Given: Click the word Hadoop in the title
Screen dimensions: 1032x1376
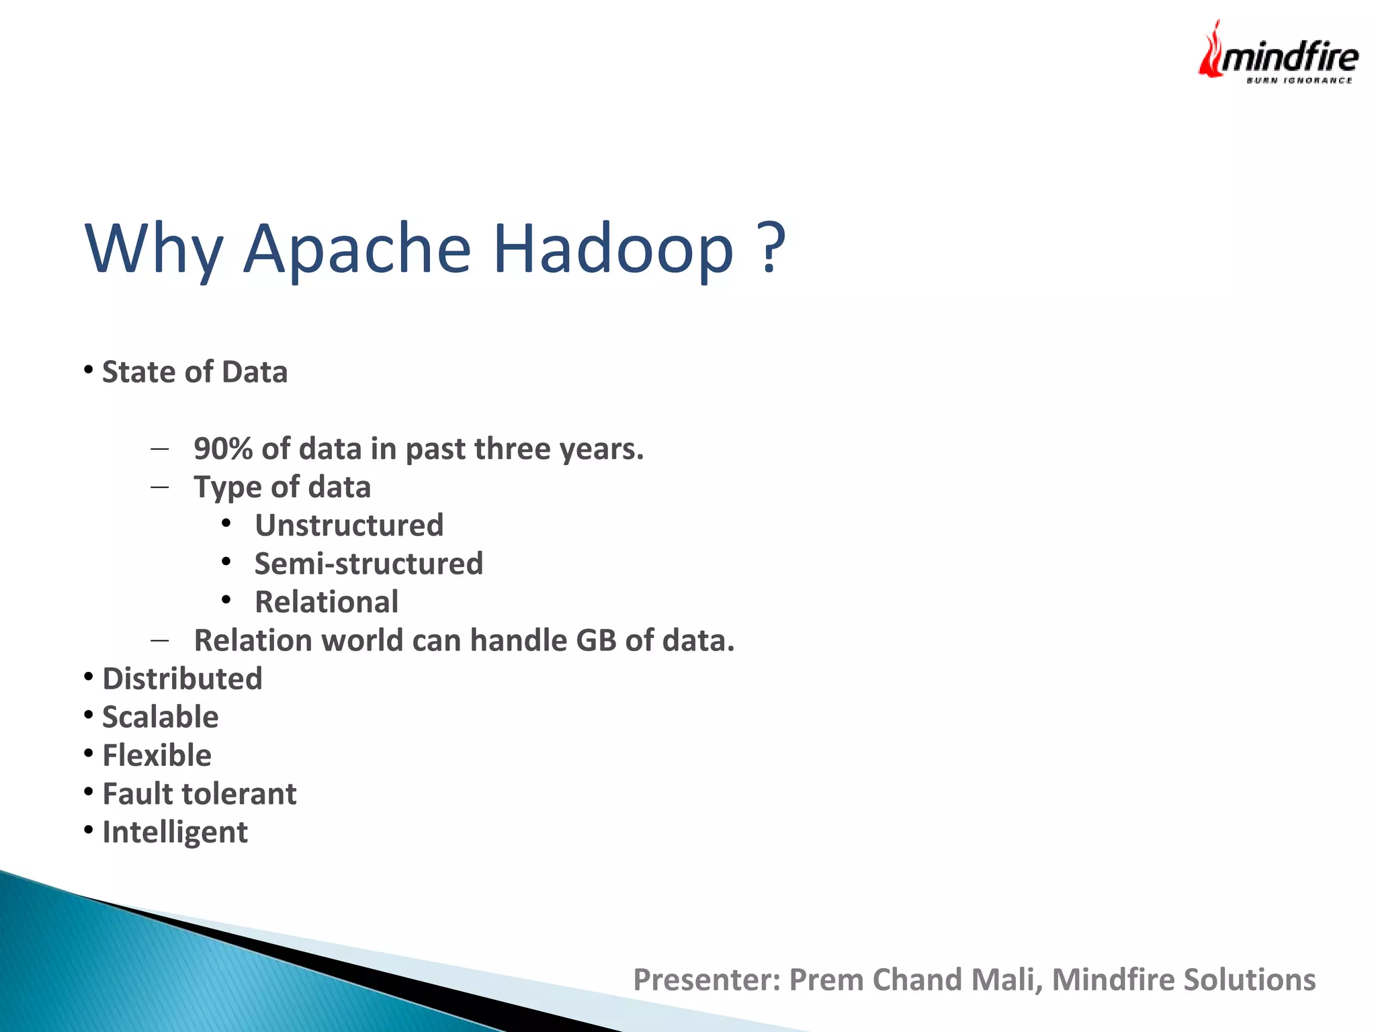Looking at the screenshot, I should (x=613, y=249).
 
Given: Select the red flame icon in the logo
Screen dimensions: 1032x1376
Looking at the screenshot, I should (x=1211, y=51).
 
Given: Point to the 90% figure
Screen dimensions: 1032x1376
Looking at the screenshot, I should (x=222, y=449).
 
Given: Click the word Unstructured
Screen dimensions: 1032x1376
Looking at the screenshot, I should (x=349, y=525).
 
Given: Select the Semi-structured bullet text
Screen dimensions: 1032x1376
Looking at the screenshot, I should (x=368, y=564).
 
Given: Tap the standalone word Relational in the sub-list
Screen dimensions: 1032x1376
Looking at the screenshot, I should (x=327, y=602).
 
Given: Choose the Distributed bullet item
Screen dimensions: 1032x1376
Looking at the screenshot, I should (x=182, y=679).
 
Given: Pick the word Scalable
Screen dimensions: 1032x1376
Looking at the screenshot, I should (x=160, y=717).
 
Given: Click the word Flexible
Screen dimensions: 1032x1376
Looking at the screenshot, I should (x=157, y=755).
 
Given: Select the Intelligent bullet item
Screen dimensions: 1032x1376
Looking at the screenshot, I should (x=175, y=832).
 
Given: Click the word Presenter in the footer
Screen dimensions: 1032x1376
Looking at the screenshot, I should (x=705, y=980).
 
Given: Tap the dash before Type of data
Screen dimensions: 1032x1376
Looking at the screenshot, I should (x=160, y=486).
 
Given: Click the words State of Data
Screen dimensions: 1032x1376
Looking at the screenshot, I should (x=194, y=372).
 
